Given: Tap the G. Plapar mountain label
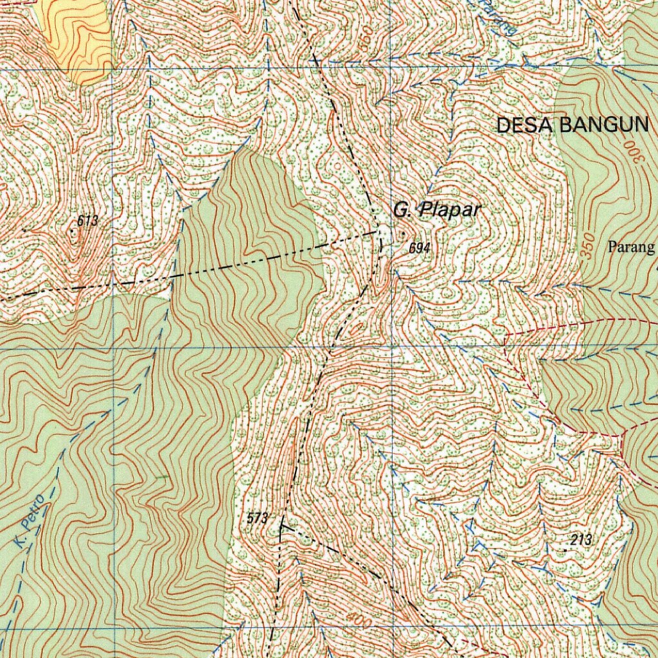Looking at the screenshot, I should tap(437, 209).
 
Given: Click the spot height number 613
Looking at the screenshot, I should tap(87, 221).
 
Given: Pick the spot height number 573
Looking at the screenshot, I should tap(256, 518).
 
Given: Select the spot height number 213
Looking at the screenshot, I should tap(580, 540).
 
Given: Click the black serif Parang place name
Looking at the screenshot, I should tap(632, 247).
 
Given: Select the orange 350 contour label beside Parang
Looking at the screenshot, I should tap(586, 247).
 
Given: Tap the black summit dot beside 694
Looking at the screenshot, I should tap(403, 234).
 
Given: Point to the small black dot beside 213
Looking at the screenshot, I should tap(565, 550).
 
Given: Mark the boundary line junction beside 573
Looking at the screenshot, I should tap(281, 527).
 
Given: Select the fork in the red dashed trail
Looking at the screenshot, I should tap(622, 436).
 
